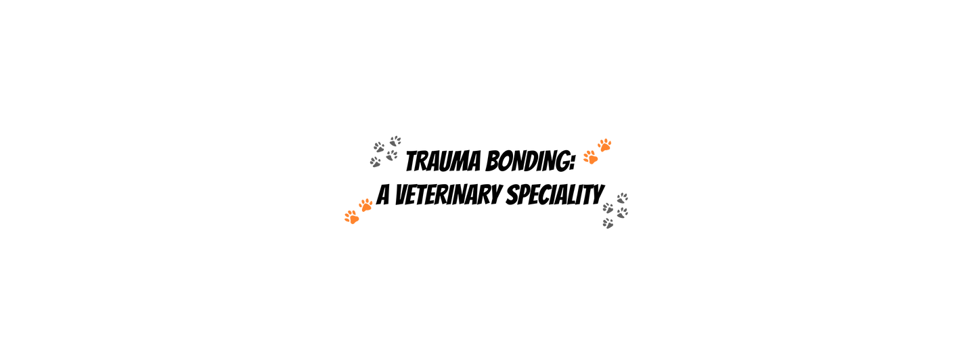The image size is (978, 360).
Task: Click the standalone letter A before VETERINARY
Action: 383,195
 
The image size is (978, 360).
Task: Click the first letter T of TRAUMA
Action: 412,162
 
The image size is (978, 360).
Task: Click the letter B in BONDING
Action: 493,161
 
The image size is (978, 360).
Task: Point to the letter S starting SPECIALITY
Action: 514,195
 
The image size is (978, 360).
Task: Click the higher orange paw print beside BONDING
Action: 604,145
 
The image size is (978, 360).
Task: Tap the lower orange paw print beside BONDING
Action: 591,157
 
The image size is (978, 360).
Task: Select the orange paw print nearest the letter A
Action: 366,206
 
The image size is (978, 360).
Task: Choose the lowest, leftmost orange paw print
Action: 351,217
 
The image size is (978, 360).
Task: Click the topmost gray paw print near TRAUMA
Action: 395,141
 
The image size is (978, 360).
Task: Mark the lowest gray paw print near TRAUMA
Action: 376,162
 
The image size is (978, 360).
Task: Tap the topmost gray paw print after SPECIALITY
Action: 623,198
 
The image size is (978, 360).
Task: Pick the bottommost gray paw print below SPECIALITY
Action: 608,223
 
